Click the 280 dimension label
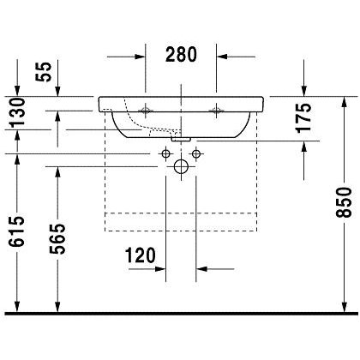click(x=181, y=54)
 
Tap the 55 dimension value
click(x=44, y=72)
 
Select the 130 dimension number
click(x=16, y=112)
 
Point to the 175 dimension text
click(x=303, y=117)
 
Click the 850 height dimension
click(x=344, y=202)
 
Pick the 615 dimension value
click(x=16, y=231)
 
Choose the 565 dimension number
click(x=57, y=238)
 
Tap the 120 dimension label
click(x=141, y=255)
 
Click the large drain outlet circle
click(x=181, y=166)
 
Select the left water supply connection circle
click(x=166, y=154)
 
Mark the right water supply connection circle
click(x=196, y=154)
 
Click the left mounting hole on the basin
click(x=146, y=111)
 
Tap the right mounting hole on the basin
click(x=216, y=111)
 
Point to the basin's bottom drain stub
click(x=181, y=140)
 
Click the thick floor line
click(x=181, y=314)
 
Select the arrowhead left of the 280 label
click(x=141, y=57)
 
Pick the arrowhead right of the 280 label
click(x=222, y=57)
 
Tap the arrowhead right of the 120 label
click(x=201, y=269)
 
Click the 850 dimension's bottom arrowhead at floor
click(x=345, y=306)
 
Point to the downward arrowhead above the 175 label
click(x=303, y=91)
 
